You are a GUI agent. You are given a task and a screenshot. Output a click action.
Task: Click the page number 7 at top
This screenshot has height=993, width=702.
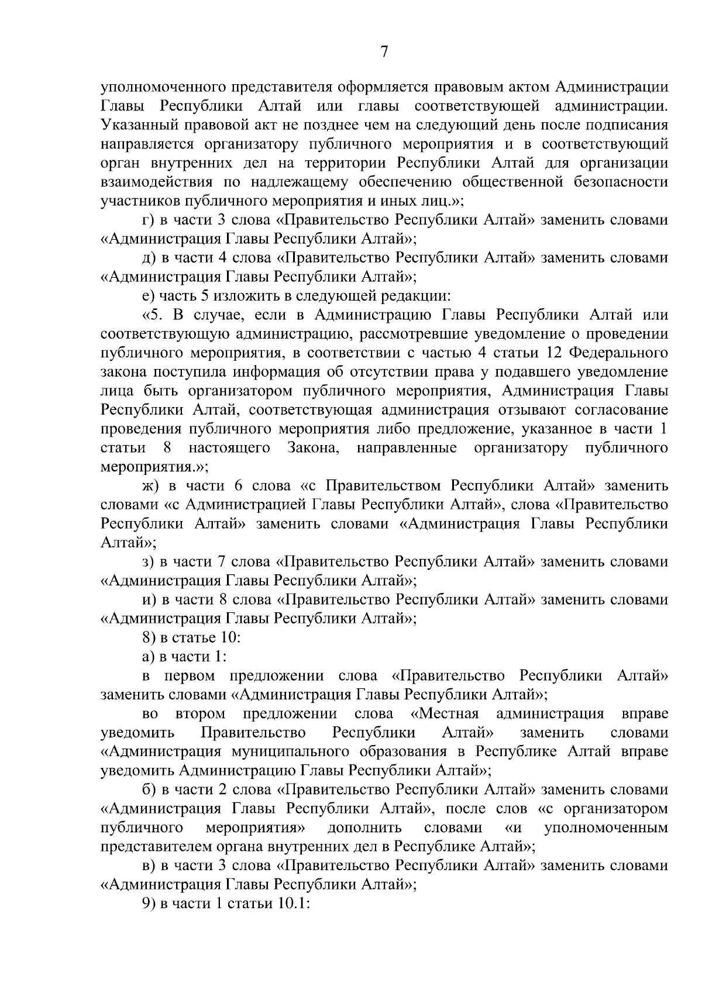pyautogui.click(x=384, y=53)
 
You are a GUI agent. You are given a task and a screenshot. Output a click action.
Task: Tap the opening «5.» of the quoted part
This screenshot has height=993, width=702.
pyautogui.click(x=151, y=315)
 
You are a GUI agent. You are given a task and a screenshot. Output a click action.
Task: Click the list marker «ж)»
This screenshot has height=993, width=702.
pyautogui.click(x=151, y=486)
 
